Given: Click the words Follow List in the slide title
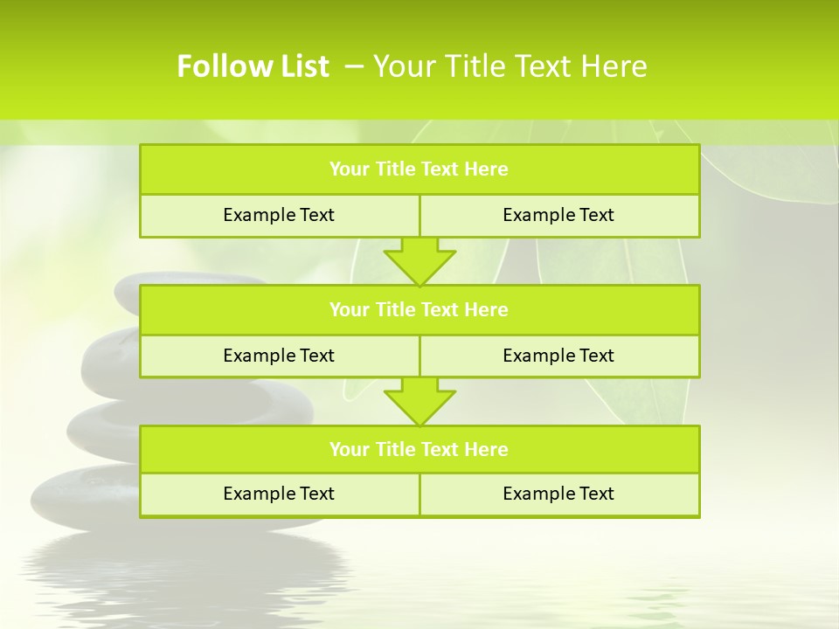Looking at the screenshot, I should (x=253, y=66).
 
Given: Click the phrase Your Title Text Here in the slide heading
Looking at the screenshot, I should (x=510, y=66).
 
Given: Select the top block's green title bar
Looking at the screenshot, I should (x=419, y=169).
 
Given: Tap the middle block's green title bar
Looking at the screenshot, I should (x=419, y=309).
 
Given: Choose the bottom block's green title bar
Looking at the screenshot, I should (x=419, y=449).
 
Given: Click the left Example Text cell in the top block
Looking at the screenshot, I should (x=279, y=215).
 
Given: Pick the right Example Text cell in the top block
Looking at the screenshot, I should (x=558, y=215).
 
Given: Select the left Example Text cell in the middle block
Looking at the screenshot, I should (x=279, y=356).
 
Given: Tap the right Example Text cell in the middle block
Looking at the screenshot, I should (x=558, y=356).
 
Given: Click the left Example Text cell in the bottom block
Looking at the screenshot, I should (x=279, y=494).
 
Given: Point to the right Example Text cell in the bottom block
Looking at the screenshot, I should (x=558, y=494).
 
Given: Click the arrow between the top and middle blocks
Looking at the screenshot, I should (x=419, y=260).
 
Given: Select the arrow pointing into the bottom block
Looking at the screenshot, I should (x=419, y=400).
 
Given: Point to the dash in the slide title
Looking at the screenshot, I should (x=355, y=66).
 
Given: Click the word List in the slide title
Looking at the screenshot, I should (x=299, y=66).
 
